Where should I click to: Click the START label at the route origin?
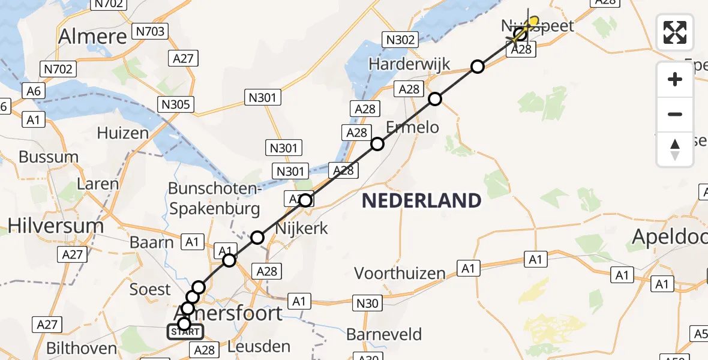[x=185, y=332]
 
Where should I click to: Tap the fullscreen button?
[x=675, y=32]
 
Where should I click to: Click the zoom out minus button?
[x=675, y=114]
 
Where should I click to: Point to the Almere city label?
[x=92, y=37]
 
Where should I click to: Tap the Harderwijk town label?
[x=409, y=64]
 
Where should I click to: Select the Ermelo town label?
[x=412, y=127]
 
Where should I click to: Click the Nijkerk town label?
[x=301, y=228]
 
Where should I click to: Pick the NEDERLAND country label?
[x=422, y=200]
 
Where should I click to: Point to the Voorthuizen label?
[x=400, y=274]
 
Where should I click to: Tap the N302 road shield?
[x=399, y=40]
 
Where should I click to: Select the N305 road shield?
[x=176, y=104]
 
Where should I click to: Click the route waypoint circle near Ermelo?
[x=377, y=144]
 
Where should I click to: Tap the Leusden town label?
[x=260, y=346]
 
